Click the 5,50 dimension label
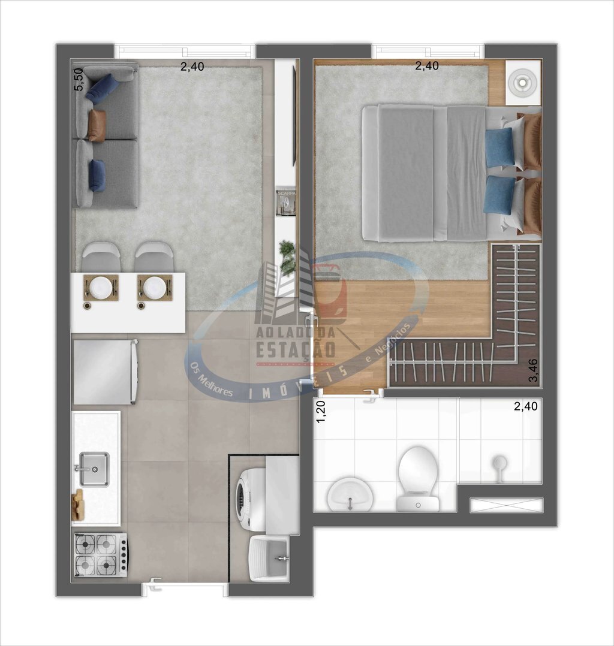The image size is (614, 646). pyautogui.click(x=77, y=79)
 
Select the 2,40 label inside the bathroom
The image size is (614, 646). pyautogui.click(x=525, y=406)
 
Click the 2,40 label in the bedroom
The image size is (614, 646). pyautogui.click(x=427, y=67)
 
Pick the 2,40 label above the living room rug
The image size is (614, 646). pyautogui.click(x=192, y=67)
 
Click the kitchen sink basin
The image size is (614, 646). pyautogui.click(x=94, y=469)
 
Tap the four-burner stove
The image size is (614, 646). pyautogui.click(x=100, y=554)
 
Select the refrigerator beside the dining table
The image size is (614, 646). pyautogui.click(x=105, y=372)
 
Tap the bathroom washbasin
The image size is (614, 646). pyautogui.click(x=350, y=494)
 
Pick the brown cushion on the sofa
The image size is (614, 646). pyautogui.click(x=97, y=125)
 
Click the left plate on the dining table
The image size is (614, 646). pyautogui.click(x=101, y=287)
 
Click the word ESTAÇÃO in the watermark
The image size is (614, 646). pyautogui.click(x=296, y=349)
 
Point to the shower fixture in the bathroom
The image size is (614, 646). pyautogui.click(x=499, y=464)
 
